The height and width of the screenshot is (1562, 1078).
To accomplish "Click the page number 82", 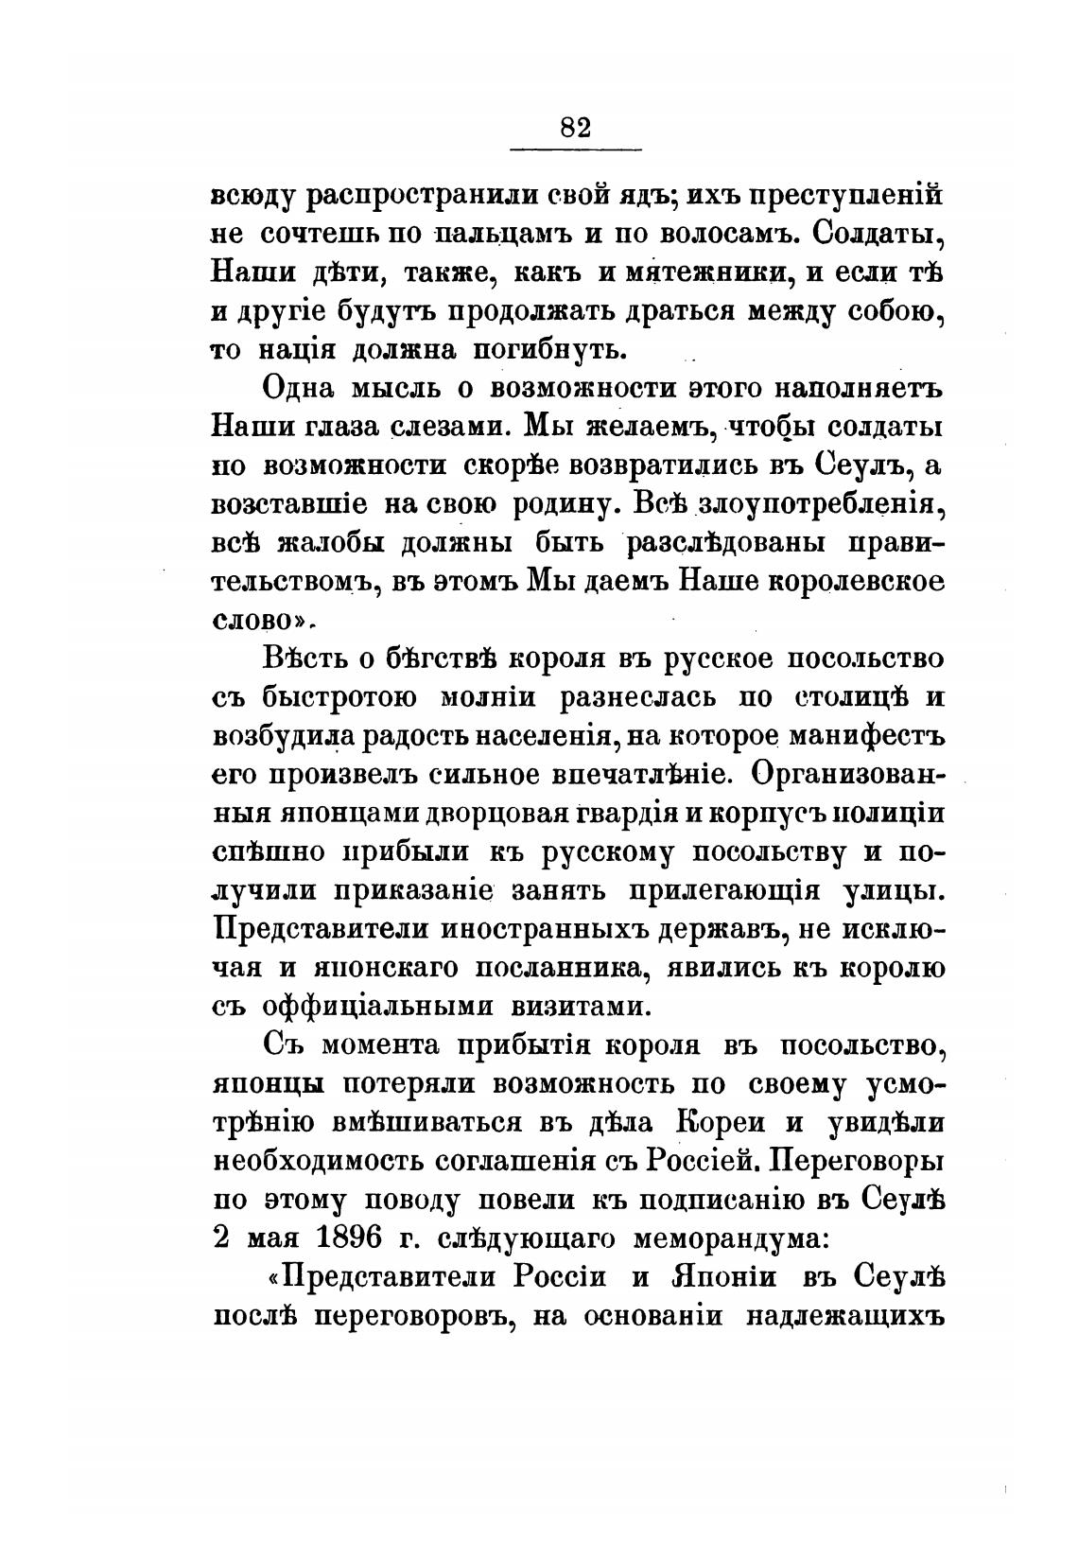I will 575,126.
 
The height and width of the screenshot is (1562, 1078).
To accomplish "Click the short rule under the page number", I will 575,149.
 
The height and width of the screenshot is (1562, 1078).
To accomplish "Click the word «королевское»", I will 858,582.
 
